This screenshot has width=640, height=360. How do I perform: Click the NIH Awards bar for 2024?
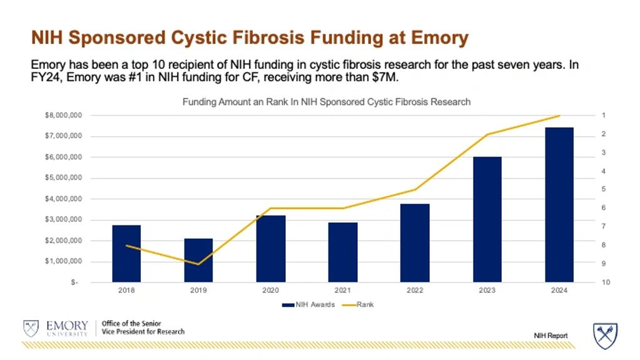[559, 205]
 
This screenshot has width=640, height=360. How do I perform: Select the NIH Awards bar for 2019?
[198, 260]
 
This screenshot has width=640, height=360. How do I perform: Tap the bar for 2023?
[487, 219]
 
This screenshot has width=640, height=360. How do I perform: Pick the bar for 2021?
[343, 252]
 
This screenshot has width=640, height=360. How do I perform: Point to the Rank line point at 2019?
[198, 264]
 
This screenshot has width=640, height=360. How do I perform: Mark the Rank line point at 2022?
[415, 189]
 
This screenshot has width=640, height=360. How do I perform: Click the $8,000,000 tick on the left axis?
[61, 116]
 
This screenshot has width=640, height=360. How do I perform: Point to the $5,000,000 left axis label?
[61, 178]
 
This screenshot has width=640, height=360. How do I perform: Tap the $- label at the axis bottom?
[74, 282]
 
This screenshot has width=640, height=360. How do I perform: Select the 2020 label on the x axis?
[270, 291]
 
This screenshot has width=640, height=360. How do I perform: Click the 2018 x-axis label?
[126, 291]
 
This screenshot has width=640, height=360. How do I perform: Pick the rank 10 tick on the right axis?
[605, 282]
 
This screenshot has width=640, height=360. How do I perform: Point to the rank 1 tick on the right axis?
[604, 116]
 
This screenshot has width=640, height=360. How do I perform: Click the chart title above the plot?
[326, 101]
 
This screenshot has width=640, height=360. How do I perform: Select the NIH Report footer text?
[551, 336]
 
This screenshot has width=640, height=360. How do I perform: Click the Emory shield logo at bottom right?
[605, 336]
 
